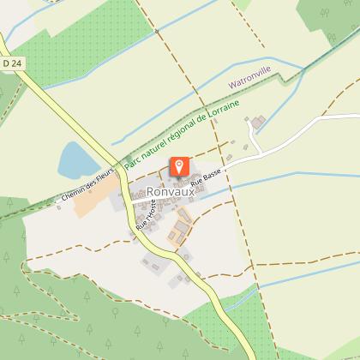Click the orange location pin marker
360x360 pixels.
coord(181,167)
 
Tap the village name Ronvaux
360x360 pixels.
coord(170,192)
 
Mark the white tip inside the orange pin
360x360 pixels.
coord(181,165)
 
